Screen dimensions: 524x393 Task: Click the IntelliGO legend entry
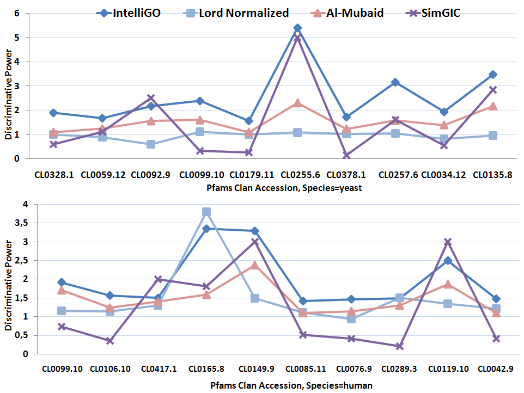(129, 13)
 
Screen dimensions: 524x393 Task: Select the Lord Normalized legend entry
(236, 13)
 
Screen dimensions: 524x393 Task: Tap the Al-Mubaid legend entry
(347, 13)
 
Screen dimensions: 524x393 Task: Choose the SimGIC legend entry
(433, 13)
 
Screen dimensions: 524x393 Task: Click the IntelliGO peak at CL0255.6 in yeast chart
(297, 28)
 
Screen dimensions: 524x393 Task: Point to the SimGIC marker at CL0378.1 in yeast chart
(346, 155)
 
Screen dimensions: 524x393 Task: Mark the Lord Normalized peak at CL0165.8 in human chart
(206, 212)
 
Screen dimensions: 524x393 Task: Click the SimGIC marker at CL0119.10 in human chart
(448, 242)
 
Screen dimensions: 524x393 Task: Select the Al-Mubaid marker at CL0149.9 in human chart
(255, 266)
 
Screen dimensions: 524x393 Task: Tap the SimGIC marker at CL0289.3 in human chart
(399, 346)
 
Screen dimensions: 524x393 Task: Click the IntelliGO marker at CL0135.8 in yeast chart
(492, 75)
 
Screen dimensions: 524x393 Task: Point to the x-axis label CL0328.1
(54, 175)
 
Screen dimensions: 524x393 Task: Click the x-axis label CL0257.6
(398, 175)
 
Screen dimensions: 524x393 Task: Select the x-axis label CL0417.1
(159, 369)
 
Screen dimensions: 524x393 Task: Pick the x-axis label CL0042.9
(496, 369)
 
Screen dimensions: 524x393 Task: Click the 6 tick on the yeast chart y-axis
(17, 14)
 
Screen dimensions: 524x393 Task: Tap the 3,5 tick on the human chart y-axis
(21, 223)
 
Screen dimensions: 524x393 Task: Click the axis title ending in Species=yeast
(284, 188)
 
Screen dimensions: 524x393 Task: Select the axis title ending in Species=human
(291, 385)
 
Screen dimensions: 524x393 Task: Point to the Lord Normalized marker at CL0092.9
(151, 144)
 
